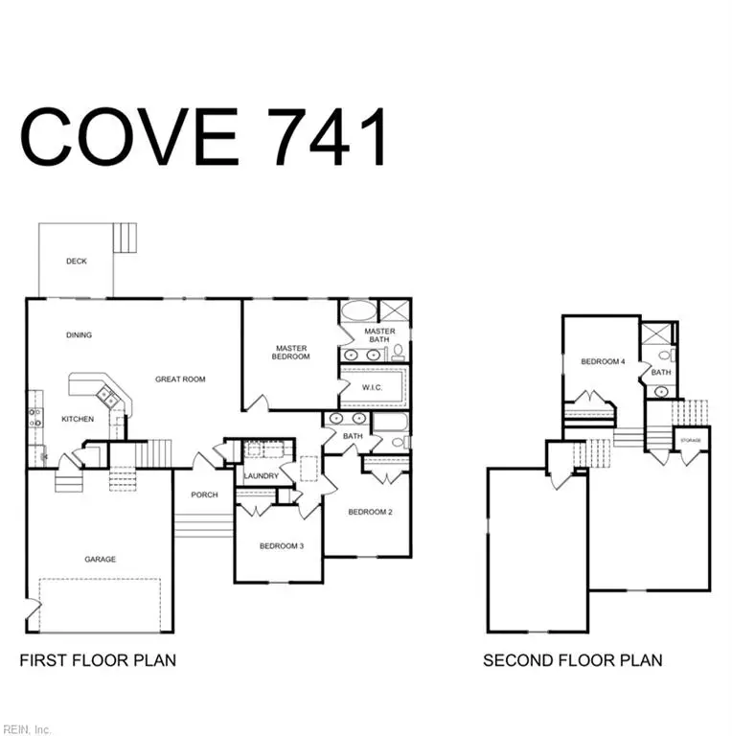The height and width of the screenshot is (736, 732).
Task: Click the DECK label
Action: (x=76, y=261)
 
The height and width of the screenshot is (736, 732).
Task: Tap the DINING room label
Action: (x=79, y=335)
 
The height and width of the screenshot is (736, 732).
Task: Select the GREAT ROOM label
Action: (x=180, y=379)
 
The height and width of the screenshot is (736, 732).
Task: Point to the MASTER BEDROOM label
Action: (x=292, y=353)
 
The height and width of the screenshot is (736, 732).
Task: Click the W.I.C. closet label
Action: (x=373, y=387)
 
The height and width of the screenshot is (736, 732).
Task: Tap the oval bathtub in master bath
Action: (x=359, y=311)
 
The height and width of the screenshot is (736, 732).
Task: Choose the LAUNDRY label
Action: (x=261, y=476)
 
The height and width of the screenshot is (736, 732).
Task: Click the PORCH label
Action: (x=204, y=494)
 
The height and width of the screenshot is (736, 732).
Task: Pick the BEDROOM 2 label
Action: (x=370, y=512)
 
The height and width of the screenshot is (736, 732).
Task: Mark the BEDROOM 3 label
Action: (x=282, y=546)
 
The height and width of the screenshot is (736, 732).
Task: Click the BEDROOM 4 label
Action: (x=603, y=362)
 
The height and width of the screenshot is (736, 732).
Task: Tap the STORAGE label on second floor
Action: (x=690, y=441)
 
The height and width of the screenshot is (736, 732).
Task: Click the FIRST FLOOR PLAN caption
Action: (x=98, y=660)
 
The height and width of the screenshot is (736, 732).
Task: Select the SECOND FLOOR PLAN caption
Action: (x=572, y=660)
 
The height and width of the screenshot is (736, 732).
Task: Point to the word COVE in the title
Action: (x=129, y=136)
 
